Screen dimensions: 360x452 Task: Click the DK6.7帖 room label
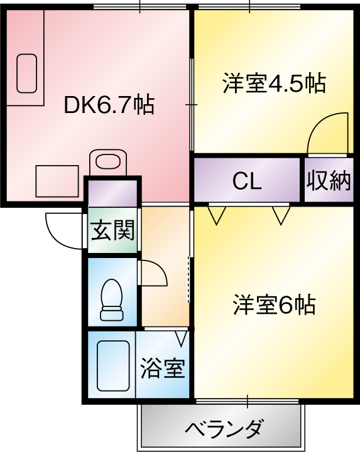click(x=109, y=105)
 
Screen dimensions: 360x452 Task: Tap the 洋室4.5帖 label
click(x=274, y=83)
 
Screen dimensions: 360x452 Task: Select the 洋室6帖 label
click(x=275, y=304)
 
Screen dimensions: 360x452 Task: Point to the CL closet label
click(x=247, y=181)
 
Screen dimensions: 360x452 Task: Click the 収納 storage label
click(x=329, y=181)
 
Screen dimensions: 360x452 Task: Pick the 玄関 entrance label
click(x=112, y=230)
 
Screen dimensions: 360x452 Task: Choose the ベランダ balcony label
click(x=224, y=428)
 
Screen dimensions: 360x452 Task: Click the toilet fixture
click(x=112, y=299)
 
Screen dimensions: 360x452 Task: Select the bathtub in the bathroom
click(x=113, y=366)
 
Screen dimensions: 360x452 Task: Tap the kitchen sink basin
click(x=26, y=73)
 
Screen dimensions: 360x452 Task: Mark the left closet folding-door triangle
click(x=216, y=215)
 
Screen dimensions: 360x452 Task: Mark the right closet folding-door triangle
click(x=281, y=215)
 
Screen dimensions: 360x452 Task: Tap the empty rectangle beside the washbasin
click(x=57, y=181)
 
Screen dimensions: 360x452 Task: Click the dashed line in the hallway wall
click(x=189, y=279)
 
